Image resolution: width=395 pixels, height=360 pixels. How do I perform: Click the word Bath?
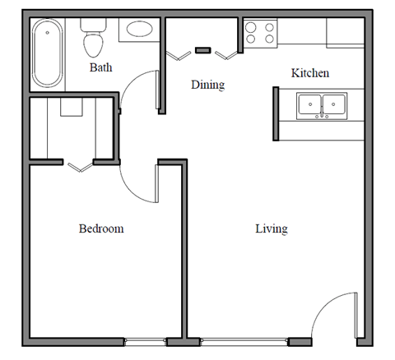pyautogui.click(x=100, y=67)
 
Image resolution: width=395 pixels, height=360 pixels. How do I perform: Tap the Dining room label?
pyautogui.click(x=207, y=85)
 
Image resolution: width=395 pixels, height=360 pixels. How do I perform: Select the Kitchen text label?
pyautogui.click(x=310, y=73)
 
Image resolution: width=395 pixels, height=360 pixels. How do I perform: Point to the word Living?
pyautogui.click(x=271, y=228)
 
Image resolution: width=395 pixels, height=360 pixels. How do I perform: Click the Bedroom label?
pyautogui.click(x=101, y=228)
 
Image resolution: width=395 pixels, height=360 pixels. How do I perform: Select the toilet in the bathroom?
pyautogui.click(x=93, y=36)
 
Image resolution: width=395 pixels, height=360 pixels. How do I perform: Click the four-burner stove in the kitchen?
pyautogui.click(x=260, y=33)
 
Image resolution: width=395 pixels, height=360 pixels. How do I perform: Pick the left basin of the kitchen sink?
pyautogui.click(x=310, y=104)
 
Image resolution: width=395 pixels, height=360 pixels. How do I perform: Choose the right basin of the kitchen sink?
pyautogui.click(x=334, y=104)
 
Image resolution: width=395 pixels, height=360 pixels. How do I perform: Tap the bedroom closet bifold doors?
pyautogui.click(x=79, y=167)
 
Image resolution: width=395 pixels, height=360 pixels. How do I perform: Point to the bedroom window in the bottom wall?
pyautogui.click(x=145, y=340)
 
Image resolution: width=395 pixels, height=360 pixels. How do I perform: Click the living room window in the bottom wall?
pyautogui.click(x=244, y=340)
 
